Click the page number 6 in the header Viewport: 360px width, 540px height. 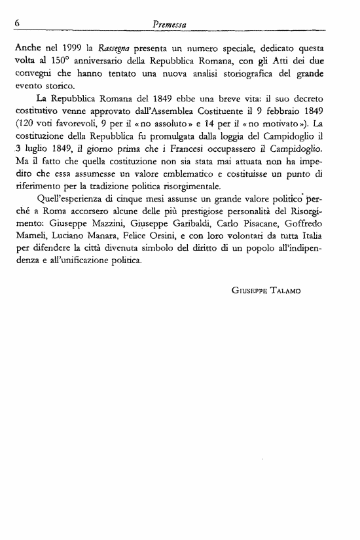coord(15,24)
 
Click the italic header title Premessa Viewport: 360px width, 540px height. coord(170,24)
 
